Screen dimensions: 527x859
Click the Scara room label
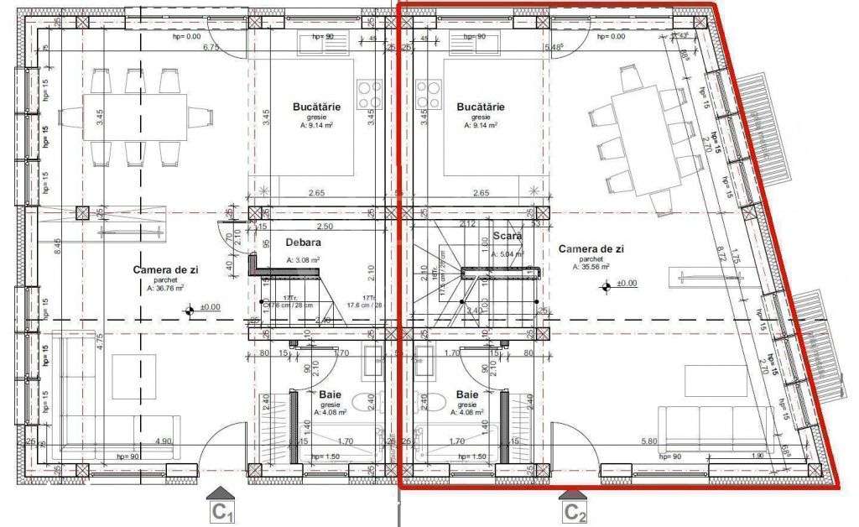click(x=508, y=237)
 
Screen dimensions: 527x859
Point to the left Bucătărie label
click(x=317, y=107)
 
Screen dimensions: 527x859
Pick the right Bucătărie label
click(x=481, y=107)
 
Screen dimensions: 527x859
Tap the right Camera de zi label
click(x=591, y=249)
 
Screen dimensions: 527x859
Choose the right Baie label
click(x=467, y=394)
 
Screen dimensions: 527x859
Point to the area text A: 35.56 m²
click(x=591, y=268)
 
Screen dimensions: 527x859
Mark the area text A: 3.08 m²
click(x=303, y=261)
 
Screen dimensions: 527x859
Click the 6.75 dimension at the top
click(x=211, y=48)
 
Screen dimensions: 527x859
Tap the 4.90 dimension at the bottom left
click(x=164, y=441)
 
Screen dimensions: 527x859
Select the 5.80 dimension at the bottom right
click(x=648, y=441)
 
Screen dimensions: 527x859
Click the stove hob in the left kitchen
click(x=368, y=89)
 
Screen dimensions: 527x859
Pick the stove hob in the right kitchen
click(x=429, y=89)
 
